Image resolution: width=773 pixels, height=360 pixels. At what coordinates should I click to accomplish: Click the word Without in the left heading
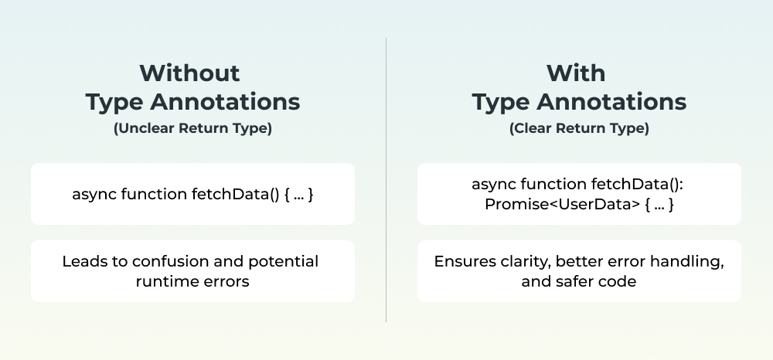190,73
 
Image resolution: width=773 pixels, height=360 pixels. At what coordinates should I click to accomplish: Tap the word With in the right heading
576,73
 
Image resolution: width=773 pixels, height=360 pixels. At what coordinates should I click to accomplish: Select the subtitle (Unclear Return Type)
192,128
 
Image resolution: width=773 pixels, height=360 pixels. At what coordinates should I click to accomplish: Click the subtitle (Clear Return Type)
579,128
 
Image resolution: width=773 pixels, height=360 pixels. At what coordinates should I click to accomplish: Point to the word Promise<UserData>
562,204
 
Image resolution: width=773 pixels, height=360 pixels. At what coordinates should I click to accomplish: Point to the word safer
577,282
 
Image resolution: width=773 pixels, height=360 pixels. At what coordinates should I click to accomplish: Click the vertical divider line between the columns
386,180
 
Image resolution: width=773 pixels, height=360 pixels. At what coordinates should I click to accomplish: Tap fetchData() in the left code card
236,194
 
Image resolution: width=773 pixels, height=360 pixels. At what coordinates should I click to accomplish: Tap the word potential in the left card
283,262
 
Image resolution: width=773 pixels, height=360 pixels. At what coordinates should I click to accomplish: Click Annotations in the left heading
225,102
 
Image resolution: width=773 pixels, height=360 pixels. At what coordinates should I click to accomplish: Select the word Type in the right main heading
502,103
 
